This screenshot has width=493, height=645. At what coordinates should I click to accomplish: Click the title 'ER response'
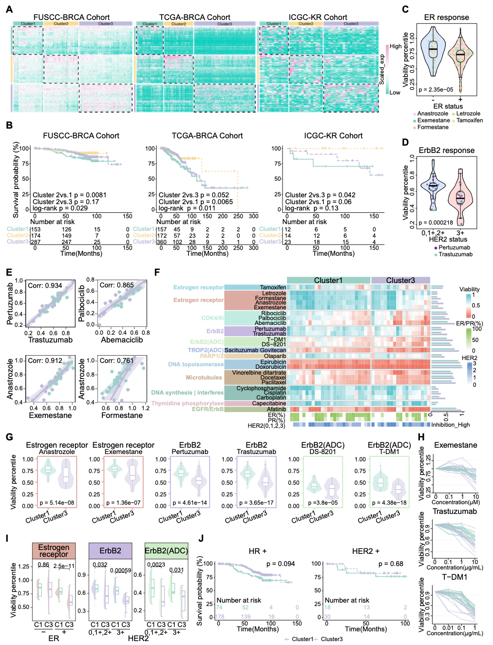point(446,18)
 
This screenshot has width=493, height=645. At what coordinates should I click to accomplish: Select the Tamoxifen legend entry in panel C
point(469,120)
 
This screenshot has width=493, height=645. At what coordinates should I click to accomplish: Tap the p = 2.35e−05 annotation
point(436,90)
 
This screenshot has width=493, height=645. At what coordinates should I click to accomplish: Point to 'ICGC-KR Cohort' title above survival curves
point(333,136)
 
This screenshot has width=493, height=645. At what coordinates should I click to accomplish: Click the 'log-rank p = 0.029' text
point(60,208)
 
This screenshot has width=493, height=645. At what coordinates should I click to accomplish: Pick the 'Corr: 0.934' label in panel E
point(45,285)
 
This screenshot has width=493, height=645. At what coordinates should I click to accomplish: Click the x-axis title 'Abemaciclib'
point(122,340)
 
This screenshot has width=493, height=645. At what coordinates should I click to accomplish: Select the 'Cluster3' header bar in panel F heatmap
point(400,280)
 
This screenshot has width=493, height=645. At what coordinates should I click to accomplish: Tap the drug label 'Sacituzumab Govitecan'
point(255,350)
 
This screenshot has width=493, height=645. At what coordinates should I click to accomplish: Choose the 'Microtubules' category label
point(204,378)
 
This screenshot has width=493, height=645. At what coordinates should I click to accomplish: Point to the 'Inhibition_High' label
point(451,425)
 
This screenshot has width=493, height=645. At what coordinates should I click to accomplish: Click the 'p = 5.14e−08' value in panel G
point(57,503)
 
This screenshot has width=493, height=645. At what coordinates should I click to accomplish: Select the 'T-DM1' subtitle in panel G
point(389,452)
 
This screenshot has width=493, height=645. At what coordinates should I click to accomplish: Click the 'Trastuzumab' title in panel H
point(455,512)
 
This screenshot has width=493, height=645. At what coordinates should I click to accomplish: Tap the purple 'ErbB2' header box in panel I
point(110,551)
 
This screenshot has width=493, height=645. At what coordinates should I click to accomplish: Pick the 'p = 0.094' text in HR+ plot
point(281,564)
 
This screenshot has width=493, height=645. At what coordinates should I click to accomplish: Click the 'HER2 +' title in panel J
point(366,551)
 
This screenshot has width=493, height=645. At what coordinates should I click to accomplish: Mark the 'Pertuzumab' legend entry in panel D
point(454,247)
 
